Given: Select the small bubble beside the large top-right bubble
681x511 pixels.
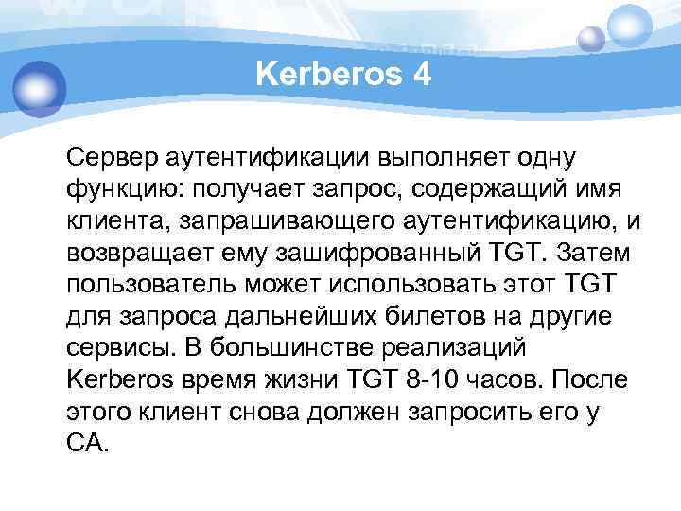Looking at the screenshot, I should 591,39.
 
